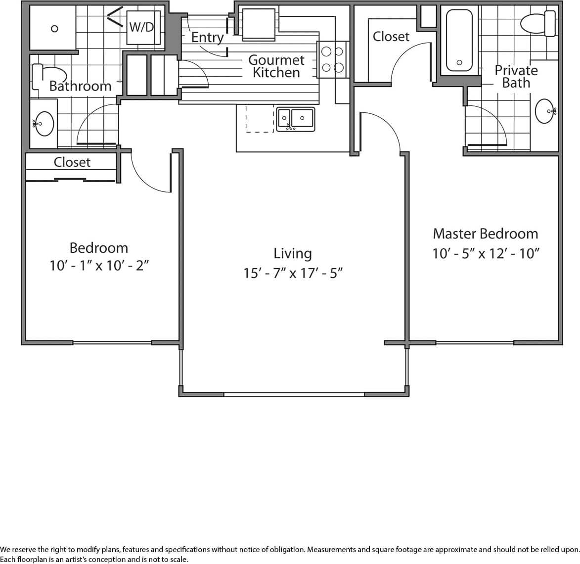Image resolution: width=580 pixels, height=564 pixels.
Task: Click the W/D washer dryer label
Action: [142, 27]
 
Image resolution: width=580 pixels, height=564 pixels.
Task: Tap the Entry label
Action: [207, 37]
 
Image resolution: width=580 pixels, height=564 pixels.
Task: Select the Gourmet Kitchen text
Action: [276, 66]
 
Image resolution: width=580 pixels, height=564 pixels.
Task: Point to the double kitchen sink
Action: [295, 119]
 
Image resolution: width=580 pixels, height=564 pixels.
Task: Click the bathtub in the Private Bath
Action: [459, 41]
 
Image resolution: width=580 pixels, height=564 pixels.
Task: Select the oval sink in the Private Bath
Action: [545, 111]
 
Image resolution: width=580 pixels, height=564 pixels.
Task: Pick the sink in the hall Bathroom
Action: [44, 123]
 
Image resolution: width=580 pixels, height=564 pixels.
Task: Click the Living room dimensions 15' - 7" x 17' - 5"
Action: [293, 273]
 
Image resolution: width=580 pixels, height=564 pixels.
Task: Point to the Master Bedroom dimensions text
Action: [486, 254]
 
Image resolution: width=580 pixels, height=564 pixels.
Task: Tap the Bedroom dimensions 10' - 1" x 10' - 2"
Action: [99, 266]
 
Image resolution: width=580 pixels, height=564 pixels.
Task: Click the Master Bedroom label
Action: [485, 234]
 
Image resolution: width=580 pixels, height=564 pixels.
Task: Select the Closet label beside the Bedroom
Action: [72, 162]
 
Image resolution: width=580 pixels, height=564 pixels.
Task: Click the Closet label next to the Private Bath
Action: [391, 37]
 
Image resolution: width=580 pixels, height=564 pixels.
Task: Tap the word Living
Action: [293, 253]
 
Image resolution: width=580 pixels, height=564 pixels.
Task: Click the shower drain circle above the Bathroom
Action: [54, 29]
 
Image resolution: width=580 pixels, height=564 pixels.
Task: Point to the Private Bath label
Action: [516, 77]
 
